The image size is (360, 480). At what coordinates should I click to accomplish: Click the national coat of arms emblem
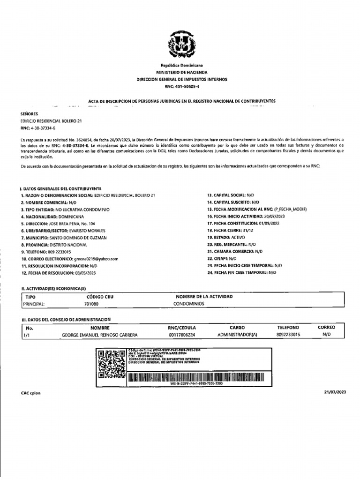pos(181,45)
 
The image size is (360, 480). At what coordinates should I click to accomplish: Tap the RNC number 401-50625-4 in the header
pos(181,87)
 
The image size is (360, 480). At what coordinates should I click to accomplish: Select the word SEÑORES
pos(30,114)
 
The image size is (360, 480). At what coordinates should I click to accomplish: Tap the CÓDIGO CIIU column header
pos(100,297)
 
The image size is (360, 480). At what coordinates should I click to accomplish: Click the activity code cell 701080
pos(91,304)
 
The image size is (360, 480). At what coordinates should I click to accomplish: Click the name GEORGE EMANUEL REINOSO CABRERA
pos(99,336)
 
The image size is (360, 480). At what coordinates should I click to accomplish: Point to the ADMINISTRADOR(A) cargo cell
pos(238,336)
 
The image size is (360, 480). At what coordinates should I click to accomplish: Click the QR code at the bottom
pos(112,364)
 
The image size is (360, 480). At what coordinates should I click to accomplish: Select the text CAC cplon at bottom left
pos(31,393)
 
